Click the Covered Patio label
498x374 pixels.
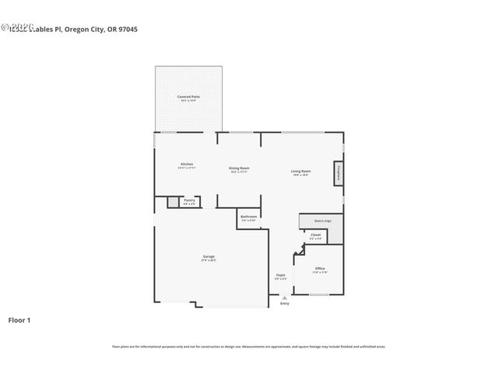(188, 97)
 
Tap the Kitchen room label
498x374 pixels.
(186, 164)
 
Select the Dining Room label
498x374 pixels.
(239, 169)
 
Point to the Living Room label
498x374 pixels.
(301, 172)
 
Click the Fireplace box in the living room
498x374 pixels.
(338, 174)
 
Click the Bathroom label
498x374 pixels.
(249, 217)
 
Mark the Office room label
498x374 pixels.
(320, 270)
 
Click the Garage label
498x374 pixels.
(209, 258)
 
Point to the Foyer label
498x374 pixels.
(280, 276)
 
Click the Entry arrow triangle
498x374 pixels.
(284, 297)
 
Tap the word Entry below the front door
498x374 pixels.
(284, 303)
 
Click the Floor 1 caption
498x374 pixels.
(19, 319)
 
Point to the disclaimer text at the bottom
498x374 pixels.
(249, 347)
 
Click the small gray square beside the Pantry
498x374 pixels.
(173, 202)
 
